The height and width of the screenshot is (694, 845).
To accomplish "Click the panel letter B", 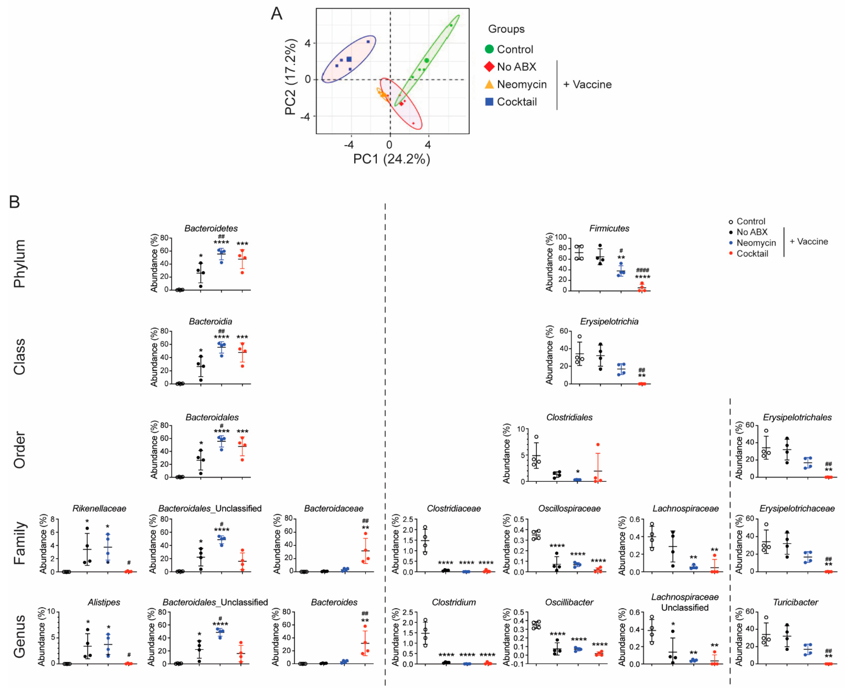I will (14, 202).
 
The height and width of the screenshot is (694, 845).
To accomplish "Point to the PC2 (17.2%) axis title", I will (291, 77).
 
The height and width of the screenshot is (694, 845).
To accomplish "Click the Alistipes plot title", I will (104, 602).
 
